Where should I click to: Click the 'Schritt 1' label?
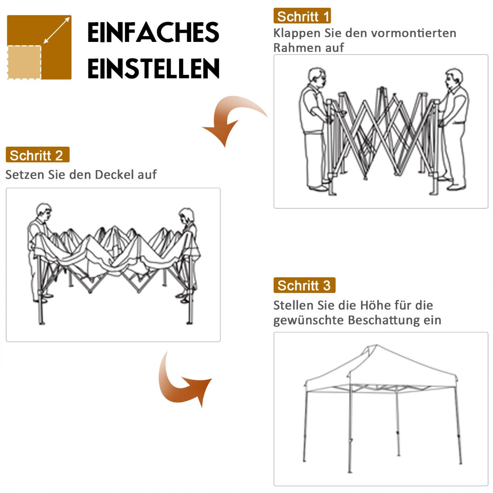pyautogui.click(x=302, y=16)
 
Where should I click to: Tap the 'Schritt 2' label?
pyautogui.click(x=37, y=155)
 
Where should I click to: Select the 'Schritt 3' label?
pyautogui.click(x=304, y=286)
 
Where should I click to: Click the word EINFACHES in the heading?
pyautogui.click(x=153, y=33)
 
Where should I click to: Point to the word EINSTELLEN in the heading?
pyautogui.click(x=153, y=68)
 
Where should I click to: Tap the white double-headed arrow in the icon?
pyautogui.click(x=56, y=30)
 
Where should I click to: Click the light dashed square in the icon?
pyautogui.click(x=24, y=62)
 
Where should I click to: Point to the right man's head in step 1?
pyautogui.click(x=453, y=78)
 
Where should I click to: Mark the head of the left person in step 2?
pyautogui.click(x=44, y=212)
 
